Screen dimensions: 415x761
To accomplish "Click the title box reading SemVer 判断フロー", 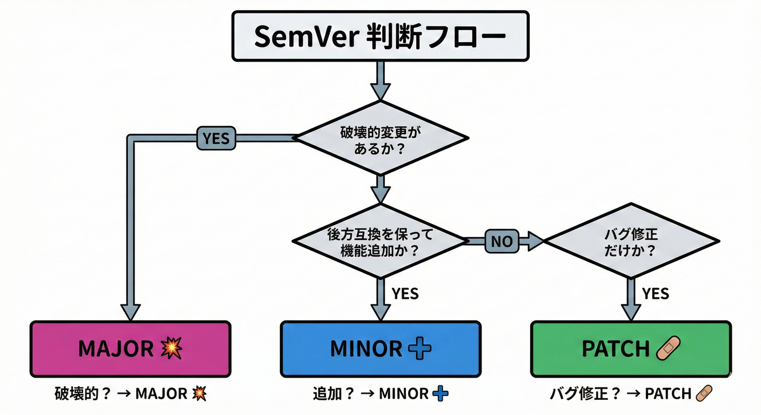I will (x=380, y=36).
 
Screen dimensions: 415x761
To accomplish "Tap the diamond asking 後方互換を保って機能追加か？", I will (x=380, y=242).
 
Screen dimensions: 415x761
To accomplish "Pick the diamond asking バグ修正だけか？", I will (x=631, y=242).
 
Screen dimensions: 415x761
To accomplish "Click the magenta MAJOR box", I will (x=131, y=349).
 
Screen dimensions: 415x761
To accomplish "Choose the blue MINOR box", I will (x=380, y=349).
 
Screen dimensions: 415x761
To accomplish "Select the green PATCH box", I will (x=631, y=349).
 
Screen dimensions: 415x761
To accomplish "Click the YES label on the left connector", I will (x=216, y=139).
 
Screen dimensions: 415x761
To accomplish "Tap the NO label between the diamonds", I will (x=502, y=242).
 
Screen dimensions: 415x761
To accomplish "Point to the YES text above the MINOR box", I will (x=405, y=293).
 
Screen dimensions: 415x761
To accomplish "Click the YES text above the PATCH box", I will (x=655, y=293).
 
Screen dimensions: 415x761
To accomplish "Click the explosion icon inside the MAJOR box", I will (x=172, y=349).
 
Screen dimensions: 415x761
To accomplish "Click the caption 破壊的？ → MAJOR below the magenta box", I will (x=131, y=394).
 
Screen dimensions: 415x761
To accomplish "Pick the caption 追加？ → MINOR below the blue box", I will (x=380, y=394).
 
